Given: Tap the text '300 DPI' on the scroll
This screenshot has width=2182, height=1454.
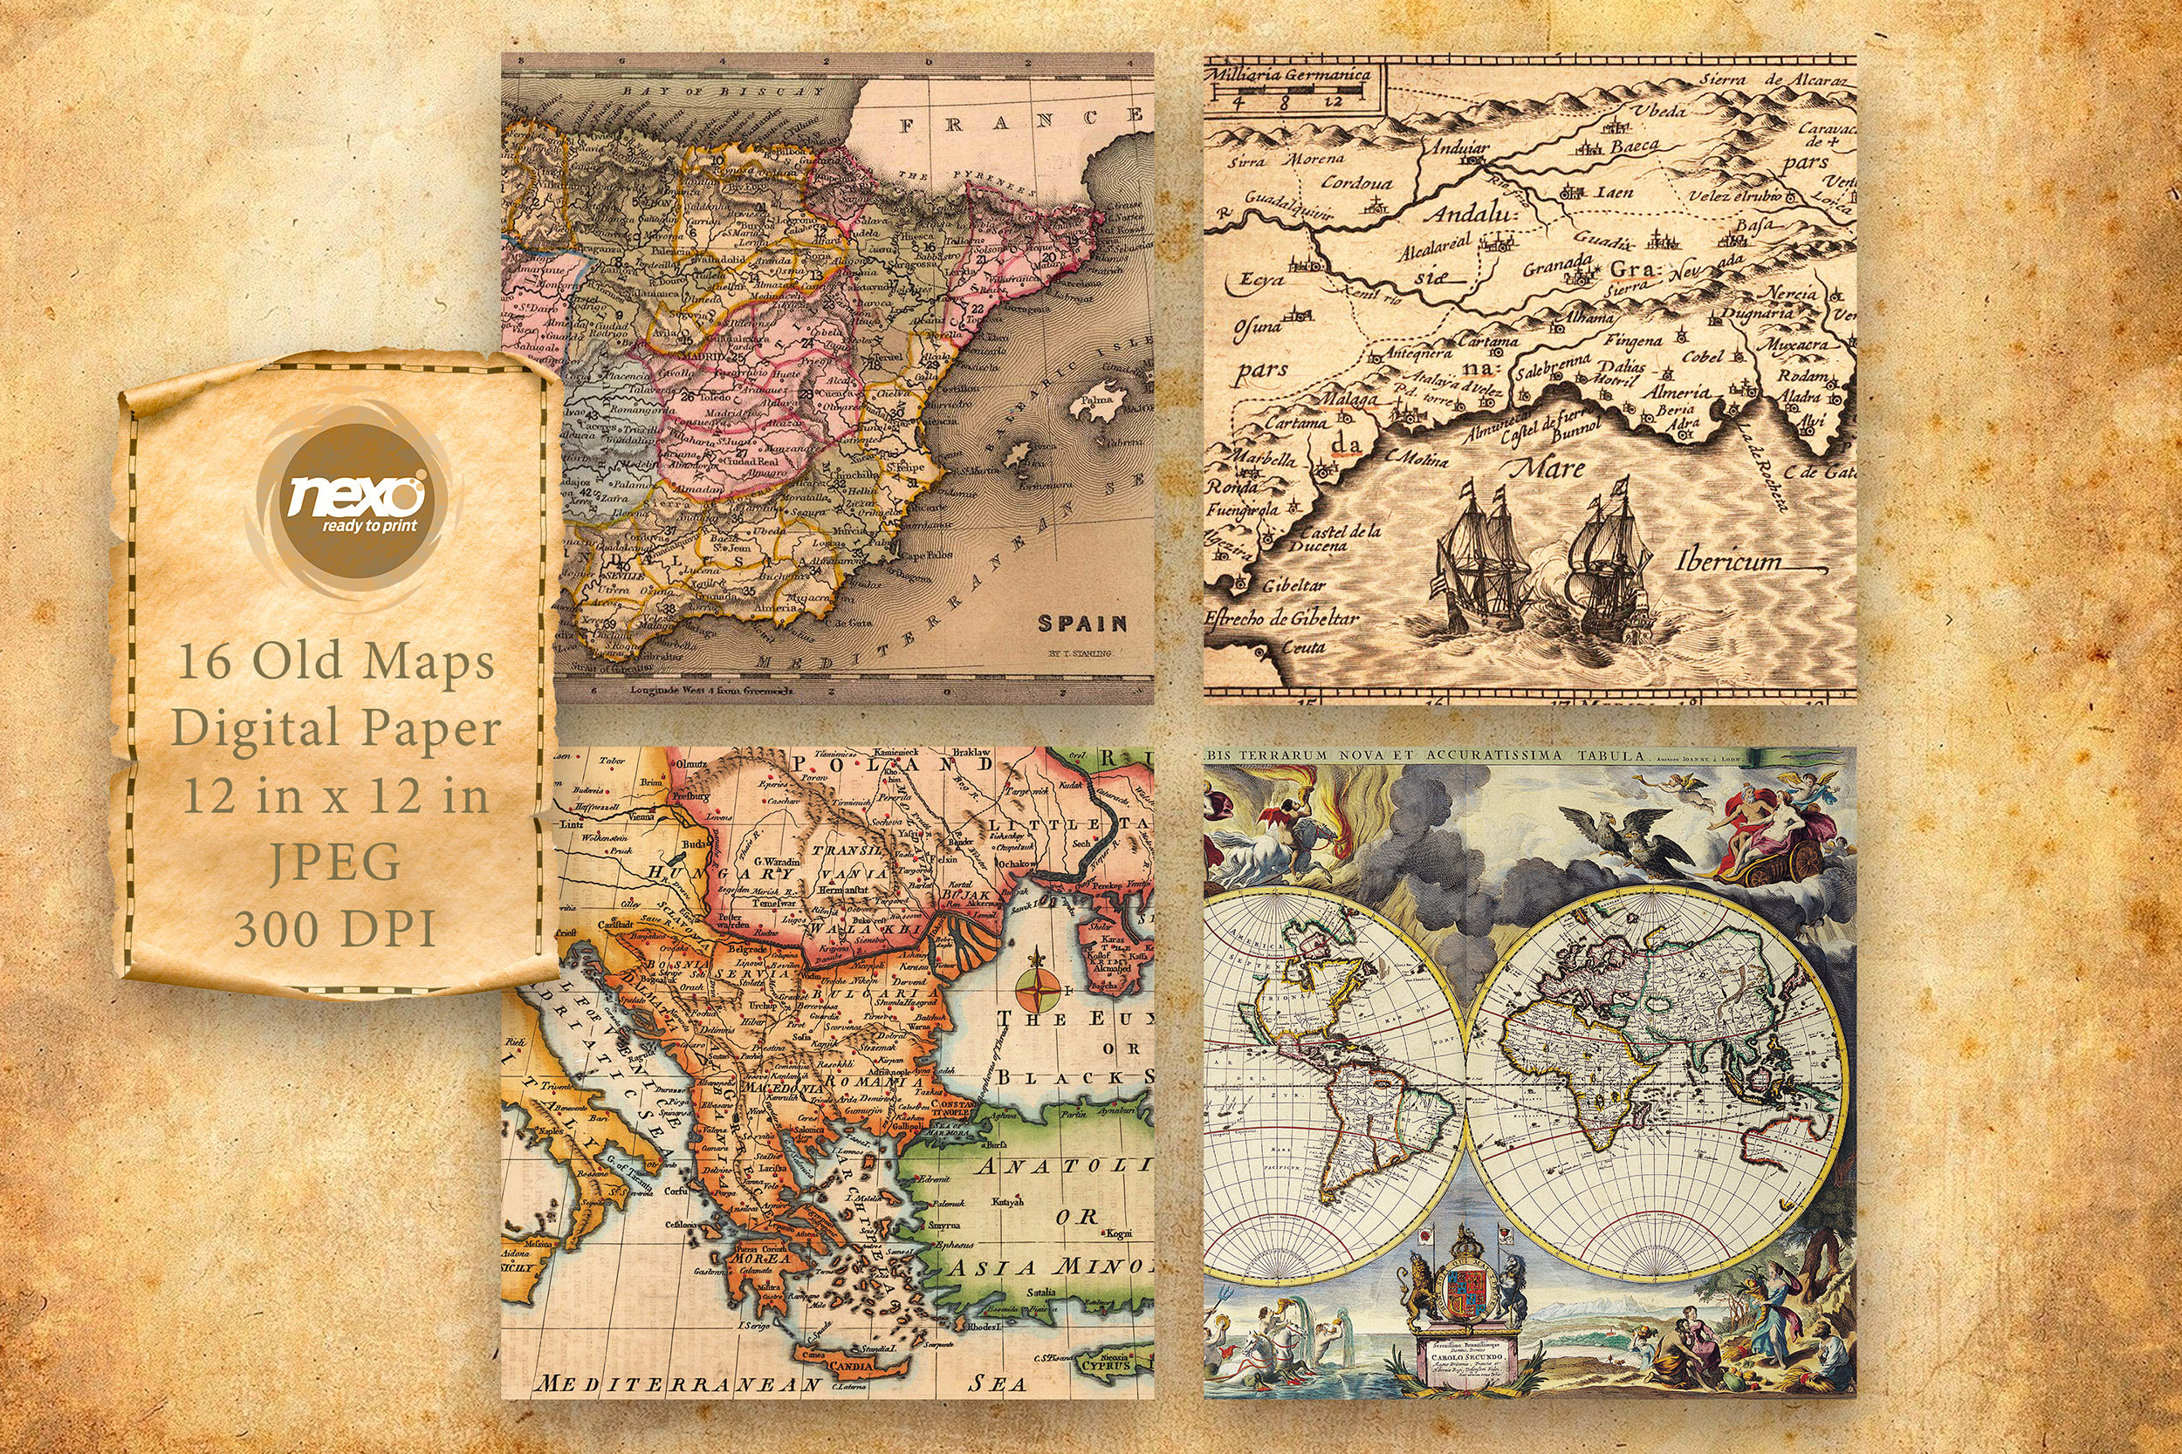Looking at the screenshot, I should [334, 928].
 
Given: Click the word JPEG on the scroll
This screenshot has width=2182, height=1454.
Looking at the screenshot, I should [334, 863].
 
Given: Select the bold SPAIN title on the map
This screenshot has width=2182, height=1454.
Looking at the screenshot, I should [1081, 623].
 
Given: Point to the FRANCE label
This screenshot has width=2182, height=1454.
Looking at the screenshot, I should [1020, 119].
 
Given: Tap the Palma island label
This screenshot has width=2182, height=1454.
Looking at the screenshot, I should [1097, 401].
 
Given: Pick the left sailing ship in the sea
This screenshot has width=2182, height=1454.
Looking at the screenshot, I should [1481, 557].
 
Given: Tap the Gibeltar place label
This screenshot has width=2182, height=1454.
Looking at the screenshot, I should [1293, 585].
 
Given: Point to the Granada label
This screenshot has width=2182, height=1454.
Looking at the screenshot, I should [1558, 267].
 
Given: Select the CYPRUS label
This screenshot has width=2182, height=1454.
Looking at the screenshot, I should [1107, 1365].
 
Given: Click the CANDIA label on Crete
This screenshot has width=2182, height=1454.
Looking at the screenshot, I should [851, 1366].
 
